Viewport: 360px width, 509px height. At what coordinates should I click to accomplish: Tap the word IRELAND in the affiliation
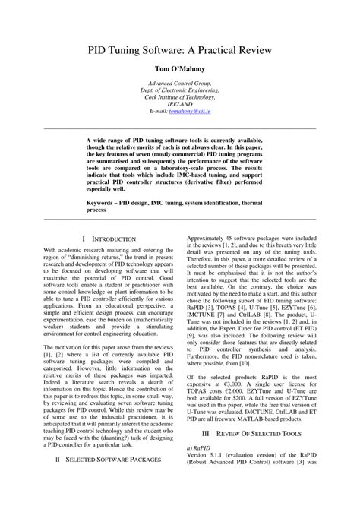[180, 103]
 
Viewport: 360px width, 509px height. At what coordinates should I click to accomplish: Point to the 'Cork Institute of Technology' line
[180, 96]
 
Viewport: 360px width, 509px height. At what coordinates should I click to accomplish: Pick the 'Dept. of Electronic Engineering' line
[180, 89]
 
